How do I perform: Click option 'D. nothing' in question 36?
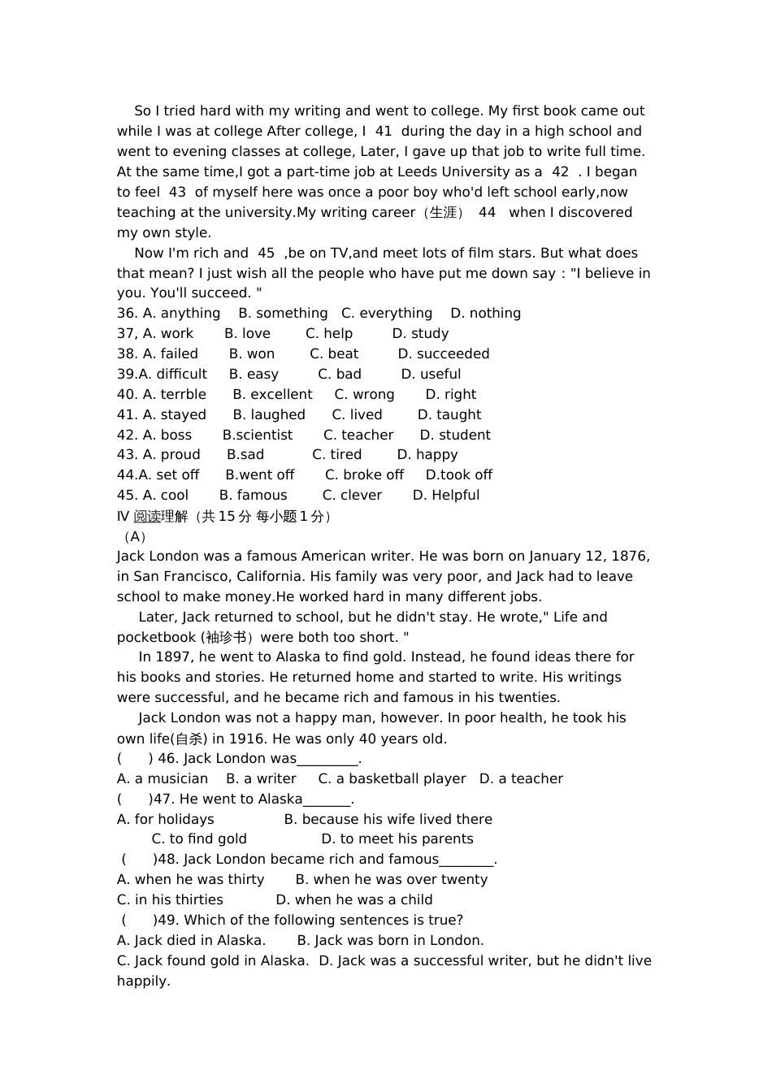pos(485,314)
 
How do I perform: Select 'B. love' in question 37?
pos(247,334)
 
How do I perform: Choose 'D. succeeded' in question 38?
pos(443,354)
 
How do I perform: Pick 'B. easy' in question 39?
pos(254,375)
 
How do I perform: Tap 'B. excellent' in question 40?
pos(272,395)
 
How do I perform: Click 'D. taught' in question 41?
pos(449,415)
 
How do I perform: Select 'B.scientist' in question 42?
pos(258,435)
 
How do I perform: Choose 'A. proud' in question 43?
pos(158,455)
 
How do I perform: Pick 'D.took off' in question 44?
pos(459,475)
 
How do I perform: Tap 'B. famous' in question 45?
pos(253,496)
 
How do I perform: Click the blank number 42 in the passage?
pos(560,172)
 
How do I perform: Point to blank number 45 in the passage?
pos(266,253)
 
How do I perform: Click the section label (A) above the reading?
pos(134,537)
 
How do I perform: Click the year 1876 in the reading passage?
pos(629,557)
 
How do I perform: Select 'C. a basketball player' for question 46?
pos(392,779)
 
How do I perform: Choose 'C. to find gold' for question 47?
pos(199,839)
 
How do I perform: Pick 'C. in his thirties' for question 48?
pos(170,900)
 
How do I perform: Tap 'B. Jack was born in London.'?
pos(390,941)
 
